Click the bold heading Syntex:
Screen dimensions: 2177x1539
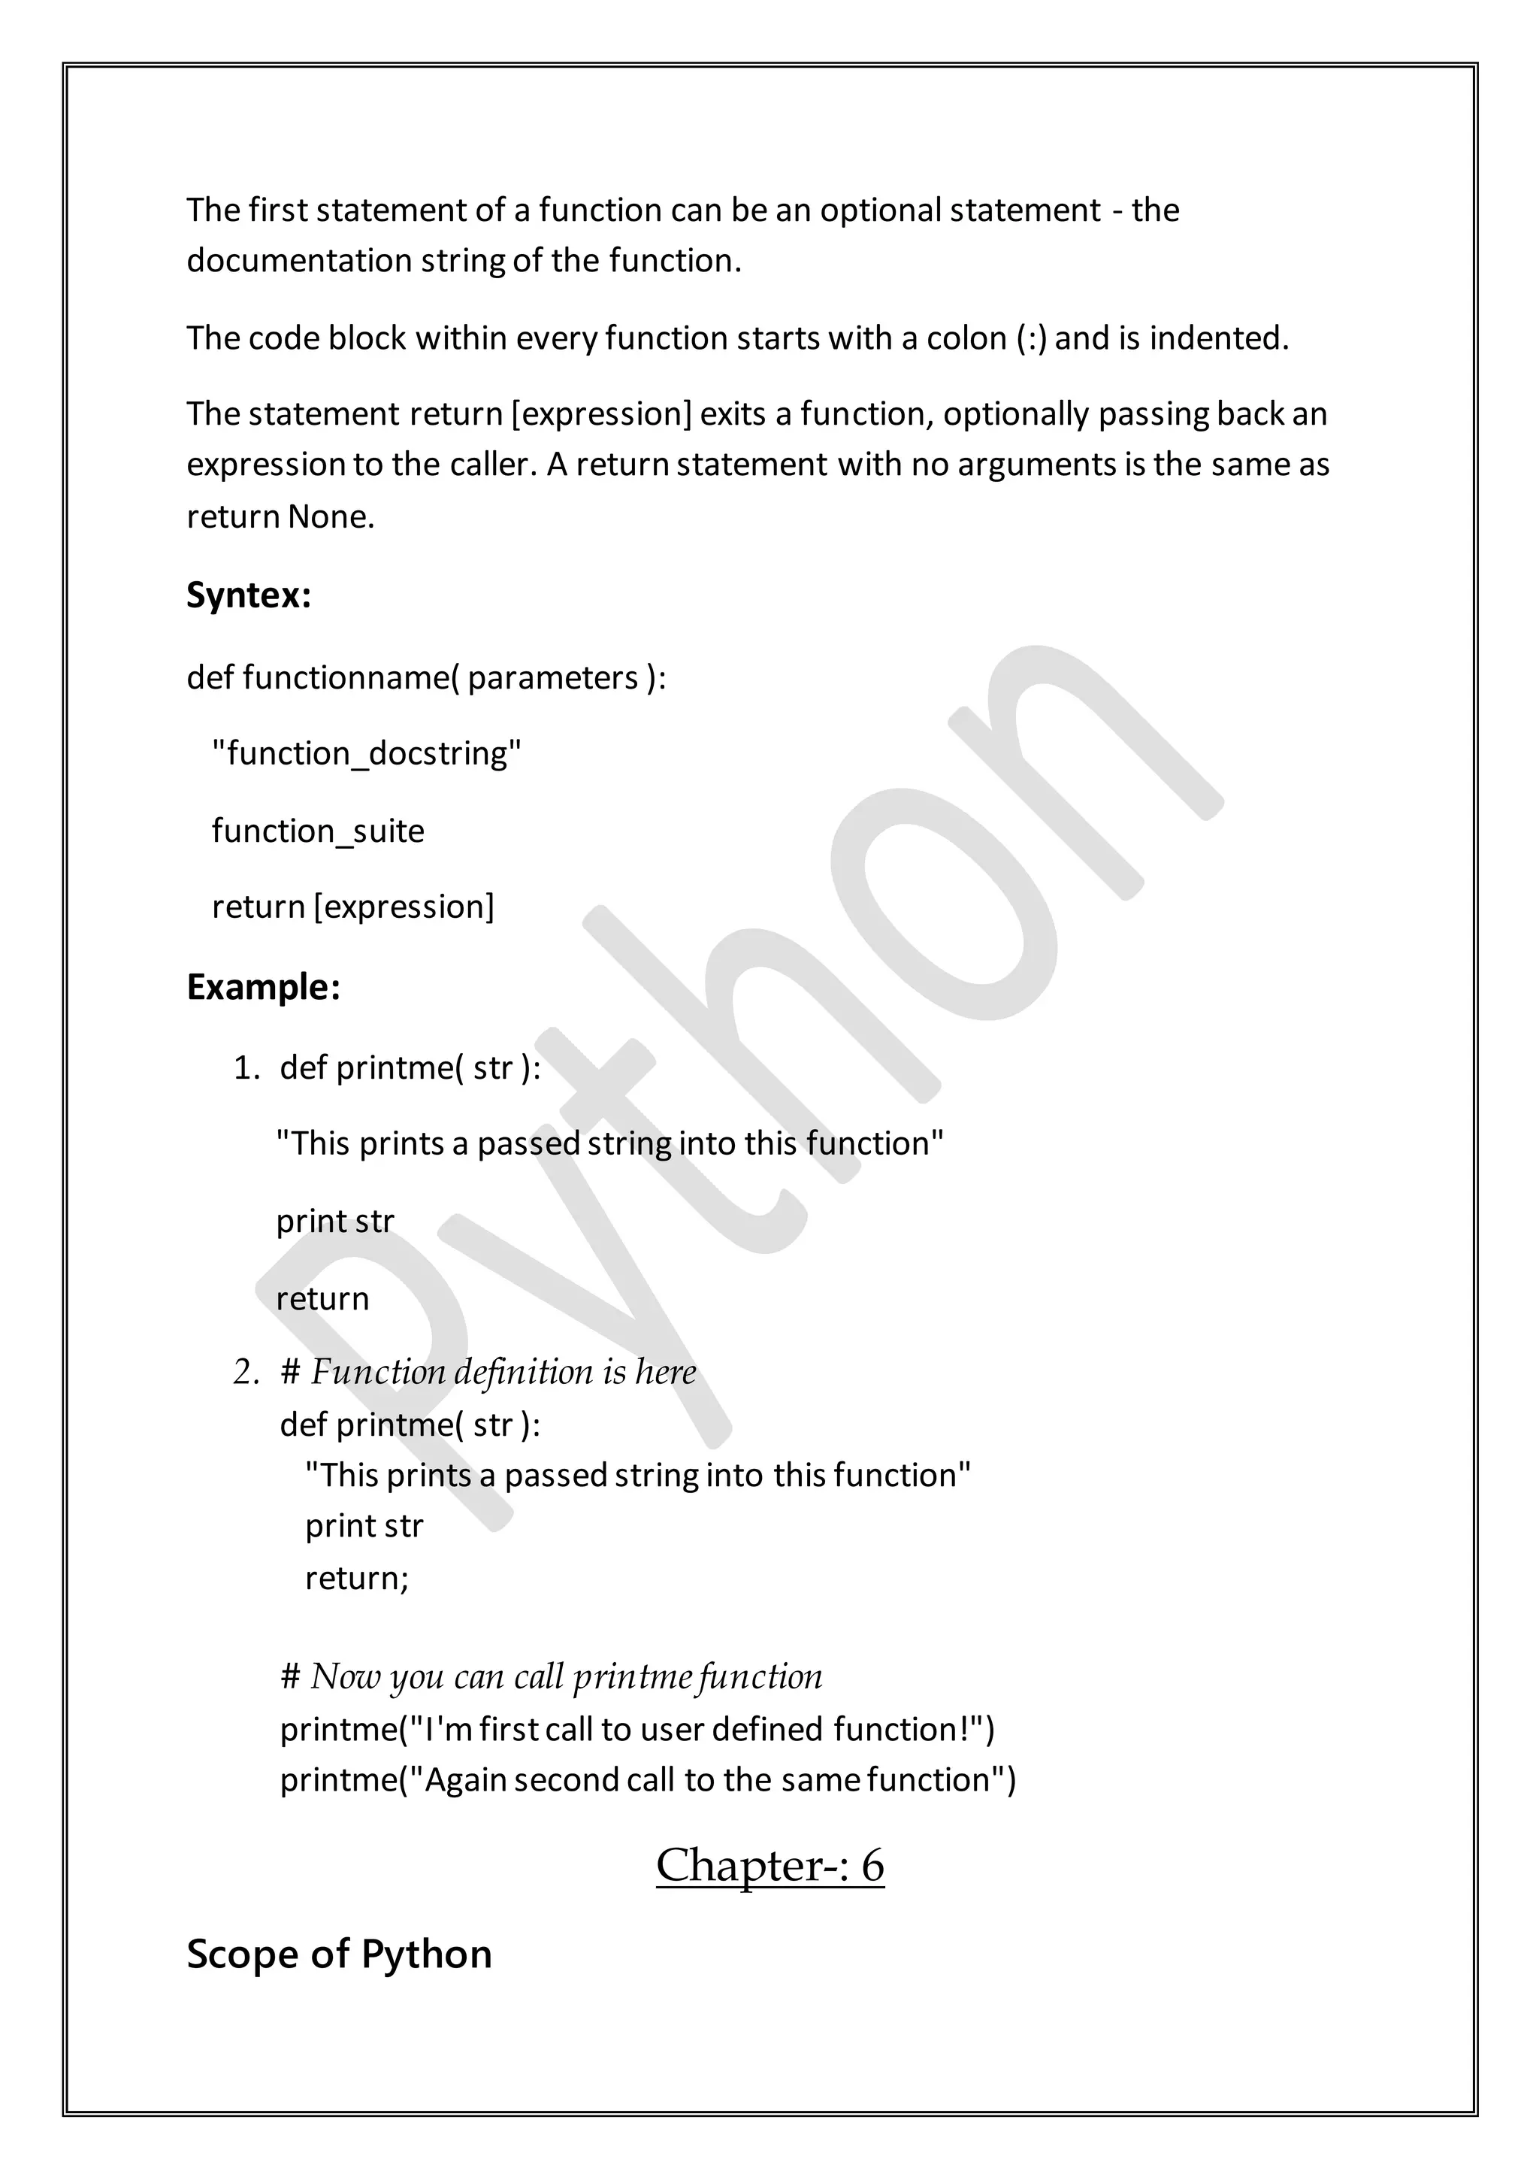[248, 595]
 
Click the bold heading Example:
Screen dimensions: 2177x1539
[262, 987]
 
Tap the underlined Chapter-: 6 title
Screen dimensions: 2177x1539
[769, 1865]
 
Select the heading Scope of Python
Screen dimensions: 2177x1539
[338, 1954]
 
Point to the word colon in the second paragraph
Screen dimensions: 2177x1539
[966, 338]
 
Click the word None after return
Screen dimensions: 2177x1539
[331, 516]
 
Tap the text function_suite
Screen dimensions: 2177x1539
[317, 831]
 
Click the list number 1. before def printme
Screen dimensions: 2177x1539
[246, 1067]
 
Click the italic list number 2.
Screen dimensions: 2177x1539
[246, 1372]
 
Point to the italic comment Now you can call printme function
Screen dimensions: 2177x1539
[566, 1676]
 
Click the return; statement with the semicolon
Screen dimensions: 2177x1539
[356, 1577]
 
